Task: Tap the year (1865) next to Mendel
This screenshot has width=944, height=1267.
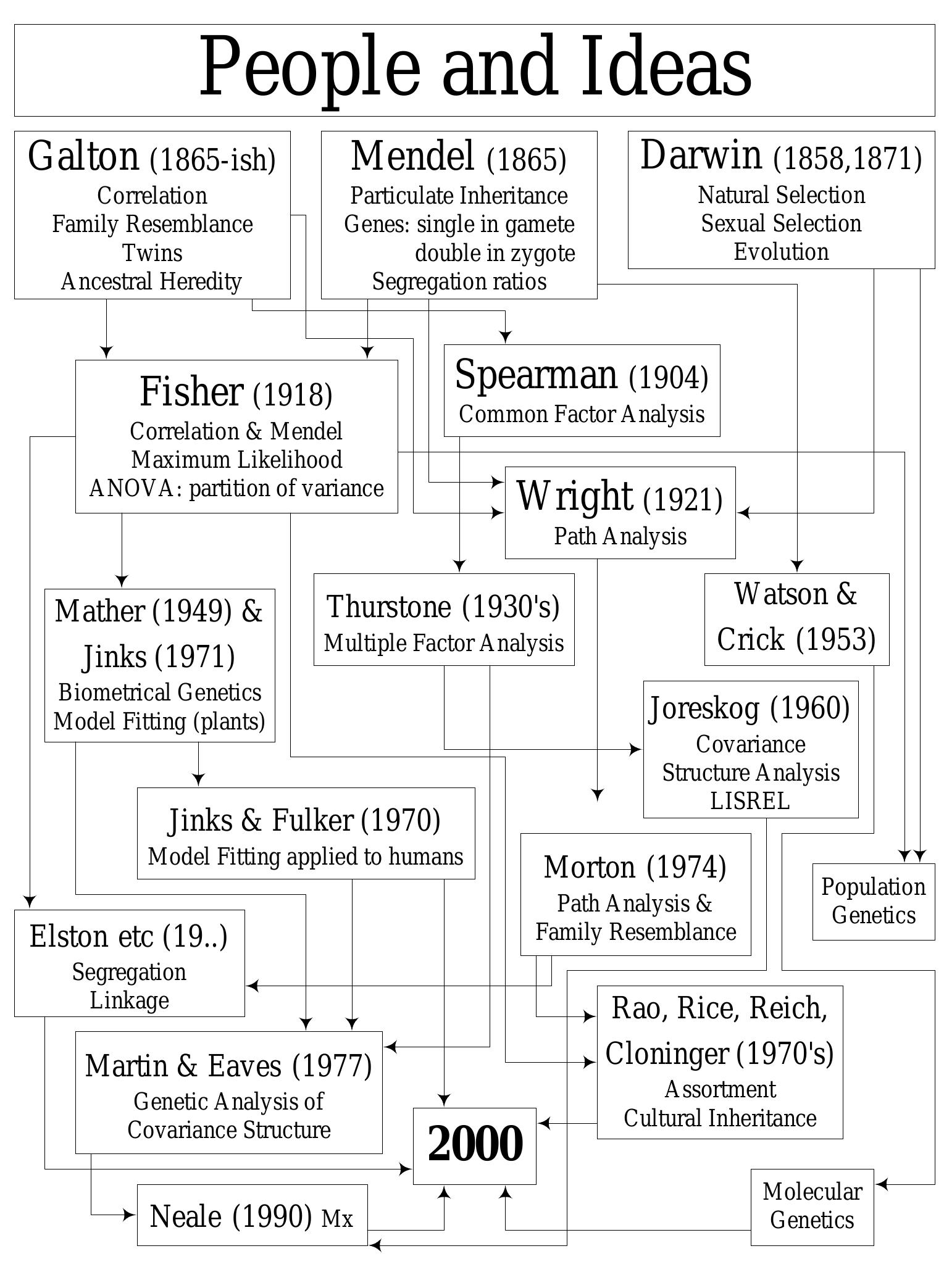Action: coord(526,159)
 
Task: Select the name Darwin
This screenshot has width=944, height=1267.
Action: coord(700,156)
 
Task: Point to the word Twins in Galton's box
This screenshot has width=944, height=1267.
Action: coord(152,253)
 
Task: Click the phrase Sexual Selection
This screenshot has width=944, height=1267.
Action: coord(781,223)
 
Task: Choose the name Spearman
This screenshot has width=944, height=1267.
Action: coord(535,375)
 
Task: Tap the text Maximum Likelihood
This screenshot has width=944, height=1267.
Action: coord(236,460)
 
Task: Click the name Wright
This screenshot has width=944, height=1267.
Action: coord(574,496)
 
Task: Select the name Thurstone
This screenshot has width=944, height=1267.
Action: coord(389,607)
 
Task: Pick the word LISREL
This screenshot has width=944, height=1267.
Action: coord(750,801)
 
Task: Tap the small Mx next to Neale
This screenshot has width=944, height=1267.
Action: coord(337,1219)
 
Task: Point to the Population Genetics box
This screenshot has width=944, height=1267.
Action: coord(873,901)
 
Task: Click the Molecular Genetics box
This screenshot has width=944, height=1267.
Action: coord(812,1206)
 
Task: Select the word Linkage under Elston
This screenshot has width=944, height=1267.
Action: coord(129,1000)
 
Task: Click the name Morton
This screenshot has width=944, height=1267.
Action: coord(589,867)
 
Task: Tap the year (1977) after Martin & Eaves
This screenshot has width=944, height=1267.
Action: coord(332,1066)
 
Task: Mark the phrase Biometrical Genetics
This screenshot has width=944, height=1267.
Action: coord(159,692)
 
